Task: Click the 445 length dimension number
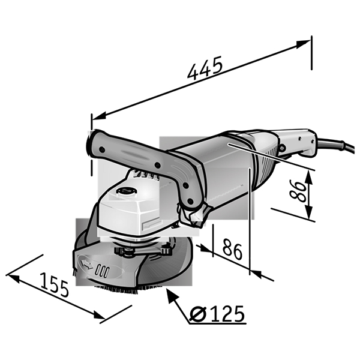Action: (x=205, y=68)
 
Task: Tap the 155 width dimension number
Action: (x=55, y=284)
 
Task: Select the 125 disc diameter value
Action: (x=227, y=313)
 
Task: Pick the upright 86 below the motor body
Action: (x=232, y=249)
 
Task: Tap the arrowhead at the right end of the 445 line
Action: (x=302, y=44)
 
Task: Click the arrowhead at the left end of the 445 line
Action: (x=99, y=116)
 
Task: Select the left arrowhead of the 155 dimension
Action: (x=14, y=278)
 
